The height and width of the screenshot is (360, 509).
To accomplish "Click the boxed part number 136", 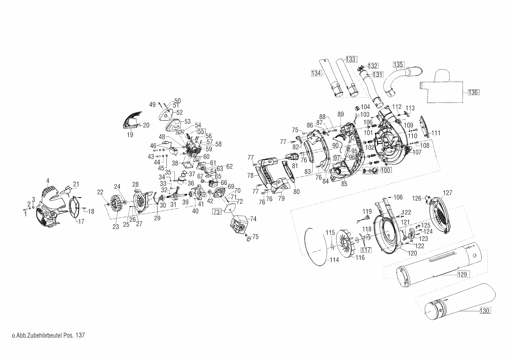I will pos(473,93).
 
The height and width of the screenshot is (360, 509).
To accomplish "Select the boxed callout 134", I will pos(316,73).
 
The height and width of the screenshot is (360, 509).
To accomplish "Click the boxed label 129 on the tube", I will pos(462,274).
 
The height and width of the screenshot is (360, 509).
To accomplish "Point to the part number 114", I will pos(334,260).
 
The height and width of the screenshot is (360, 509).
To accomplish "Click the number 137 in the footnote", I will pos(80,335).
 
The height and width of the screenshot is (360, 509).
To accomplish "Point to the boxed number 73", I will pos(217,211).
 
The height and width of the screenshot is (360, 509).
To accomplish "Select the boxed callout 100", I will pos(385,170).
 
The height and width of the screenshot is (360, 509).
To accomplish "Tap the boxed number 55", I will pos(201,131).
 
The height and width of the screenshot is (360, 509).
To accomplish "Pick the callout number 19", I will pos(130,135).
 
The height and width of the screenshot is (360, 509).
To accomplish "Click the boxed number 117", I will pos(366,249).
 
